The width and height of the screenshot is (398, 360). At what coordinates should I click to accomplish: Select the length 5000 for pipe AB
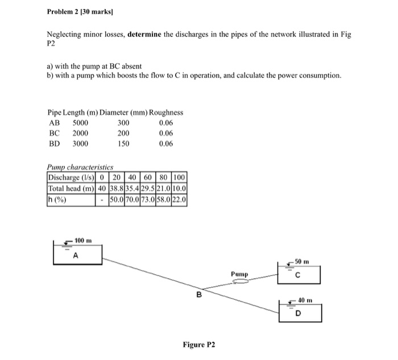click(81, 123)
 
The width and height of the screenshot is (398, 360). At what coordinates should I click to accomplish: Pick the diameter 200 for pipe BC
click(123, 133)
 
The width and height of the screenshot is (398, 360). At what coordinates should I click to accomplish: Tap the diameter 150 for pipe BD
click(123, 143)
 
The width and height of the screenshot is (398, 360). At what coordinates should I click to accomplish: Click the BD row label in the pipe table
click(55, 143)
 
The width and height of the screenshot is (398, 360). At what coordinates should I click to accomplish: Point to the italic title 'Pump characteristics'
click(80, 167)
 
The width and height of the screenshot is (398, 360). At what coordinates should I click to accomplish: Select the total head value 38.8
click(118, 188)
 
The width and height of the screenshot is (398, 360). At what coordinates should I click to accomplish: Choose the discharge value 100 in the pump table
click(180, 177)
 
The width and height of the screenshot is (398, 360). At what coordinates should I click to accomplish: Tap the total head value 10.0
click(180, 188)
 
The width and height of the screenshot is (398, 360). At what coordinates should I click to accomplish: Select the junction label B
click(198, 295)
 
